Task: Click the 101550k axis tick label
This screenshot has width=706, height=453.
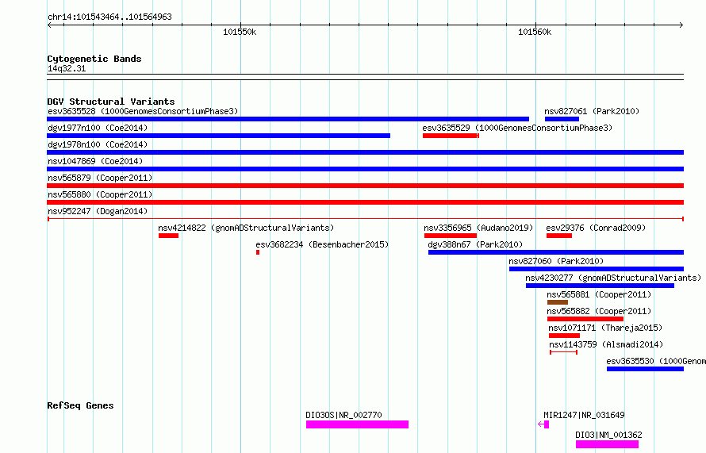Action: [x=240, y=32]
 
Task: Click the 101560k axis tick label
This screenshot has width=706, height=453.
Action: [x=535, y=32]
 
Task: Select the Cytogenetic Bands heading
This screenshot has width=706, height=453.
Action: [x=94, y=59]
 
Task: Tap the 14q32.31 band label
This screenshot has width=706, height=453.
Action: [x=67, y=68]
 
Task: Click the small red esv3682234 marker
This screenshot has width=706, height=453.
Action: [x=258, y=252]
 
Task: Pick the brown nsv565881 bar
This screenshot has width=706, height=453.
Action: [x=558, y=302]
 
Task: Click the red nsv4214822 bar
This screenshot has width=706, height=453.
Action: [x=168, y=236]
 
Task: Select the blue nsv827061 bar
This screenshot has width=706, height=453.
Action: [x=562, y=119]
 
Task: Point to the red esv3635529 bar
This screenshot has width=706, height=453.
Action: [x=451, y=136]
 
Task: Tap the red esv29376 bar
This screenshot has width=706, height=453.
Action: [x=559, y=236]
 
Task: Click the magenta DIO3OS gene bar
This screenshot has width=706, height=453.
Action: [x=357, y=424]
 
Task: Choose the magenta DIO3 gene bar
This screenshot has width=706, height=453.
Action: [x=607, y=444]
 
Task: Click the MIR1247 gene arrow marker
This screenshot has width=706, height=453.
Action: [x=543, y=424]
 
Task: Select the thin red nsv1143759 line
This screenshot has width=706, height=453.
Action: [x=563, y=352]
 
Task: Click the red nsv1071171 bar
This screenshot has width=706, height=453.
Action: [x=564, y=336]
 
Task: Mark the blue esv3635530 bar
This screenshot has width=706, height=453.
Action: [x=645, y=369]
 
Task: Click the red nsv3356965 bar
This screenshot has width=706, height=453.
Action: [x=451, y=236]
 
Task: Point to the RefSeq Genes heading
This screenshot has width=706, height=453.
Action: [x=80, y=405]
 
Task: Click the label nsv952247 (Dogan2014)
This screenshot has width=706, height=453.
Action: [x=98, y=211]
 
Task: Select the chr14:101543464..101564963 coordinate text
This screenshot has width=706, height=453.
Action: [x=109, y=17]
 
